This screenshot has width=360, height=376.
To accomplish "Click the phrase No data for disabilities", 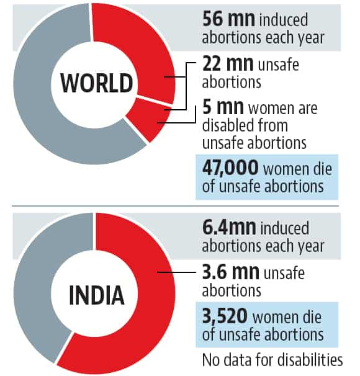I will [273, 359].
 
